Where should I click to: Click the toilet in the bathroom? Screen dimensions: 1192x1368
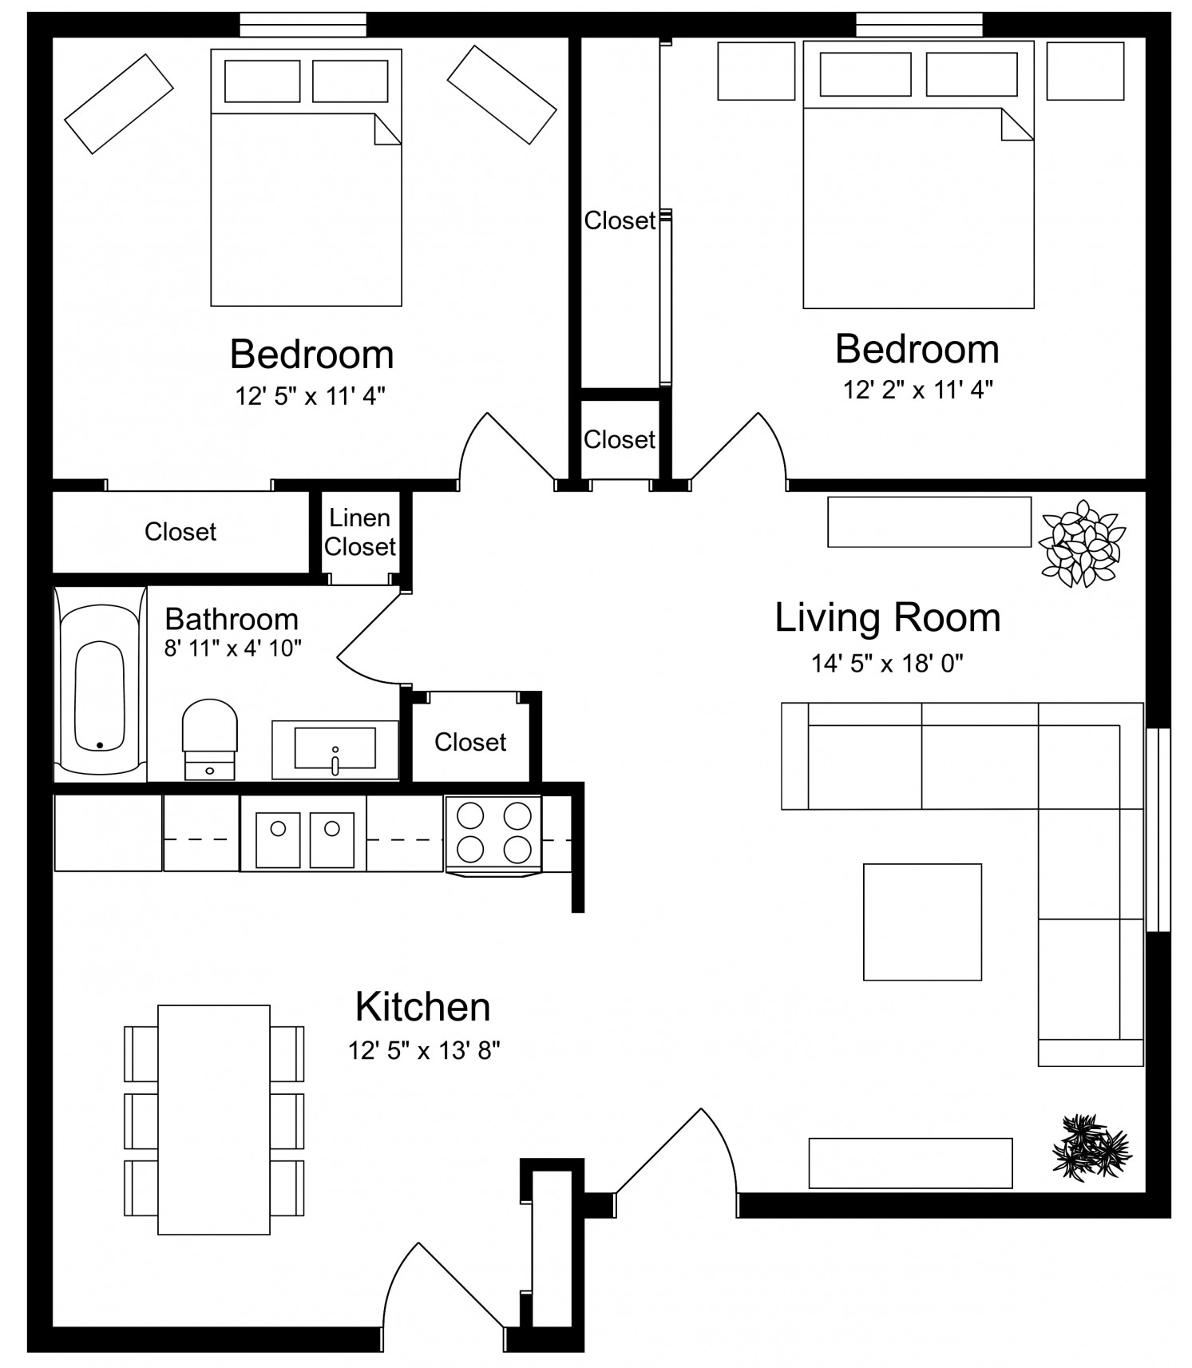coord(209,739)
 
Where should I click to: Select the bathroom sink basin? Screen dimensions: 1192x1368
coord(335,747)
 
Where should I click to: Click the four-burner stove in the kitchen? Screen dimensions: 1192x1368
coord(494,835)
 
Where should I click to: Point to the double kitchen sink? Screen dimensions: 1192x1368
coord(303,839)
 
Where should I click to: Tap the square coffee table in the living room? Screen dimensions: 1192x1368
coord(922,922)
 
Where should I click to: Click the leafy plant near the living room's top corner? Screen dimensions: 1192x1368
coord(1082,543)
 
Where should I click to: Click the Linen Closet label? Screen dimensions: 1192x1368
coord(360,532)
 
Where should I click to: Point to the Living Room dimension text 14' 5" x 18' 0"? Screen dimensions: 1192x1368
coord(887,663)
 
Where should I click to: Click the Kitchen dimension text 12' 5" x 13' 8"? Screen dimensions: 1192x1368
coord(424,1050)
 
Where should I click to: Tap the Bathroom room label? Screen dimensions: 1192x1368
coord(232,619)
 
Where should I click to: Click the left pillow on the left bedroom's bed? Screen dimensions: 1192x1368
coord(263,81)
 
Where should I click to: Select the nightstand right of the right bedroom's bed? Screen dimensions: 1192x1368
coord(1085,71)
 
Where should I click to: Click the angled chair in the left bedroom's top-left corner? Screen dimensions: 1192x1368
coord(119,104)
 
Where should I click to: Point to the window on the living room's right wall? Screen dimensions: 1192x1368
coord(1158,830)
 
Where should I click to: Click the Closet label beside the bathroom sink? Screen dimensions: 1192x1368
coord(470,742)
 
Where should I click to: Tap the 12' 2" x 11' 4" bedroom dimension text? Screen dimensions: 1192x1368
coord(918,390)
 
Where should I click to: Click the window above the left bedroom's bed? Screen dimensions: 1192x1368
coord(303,25)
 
